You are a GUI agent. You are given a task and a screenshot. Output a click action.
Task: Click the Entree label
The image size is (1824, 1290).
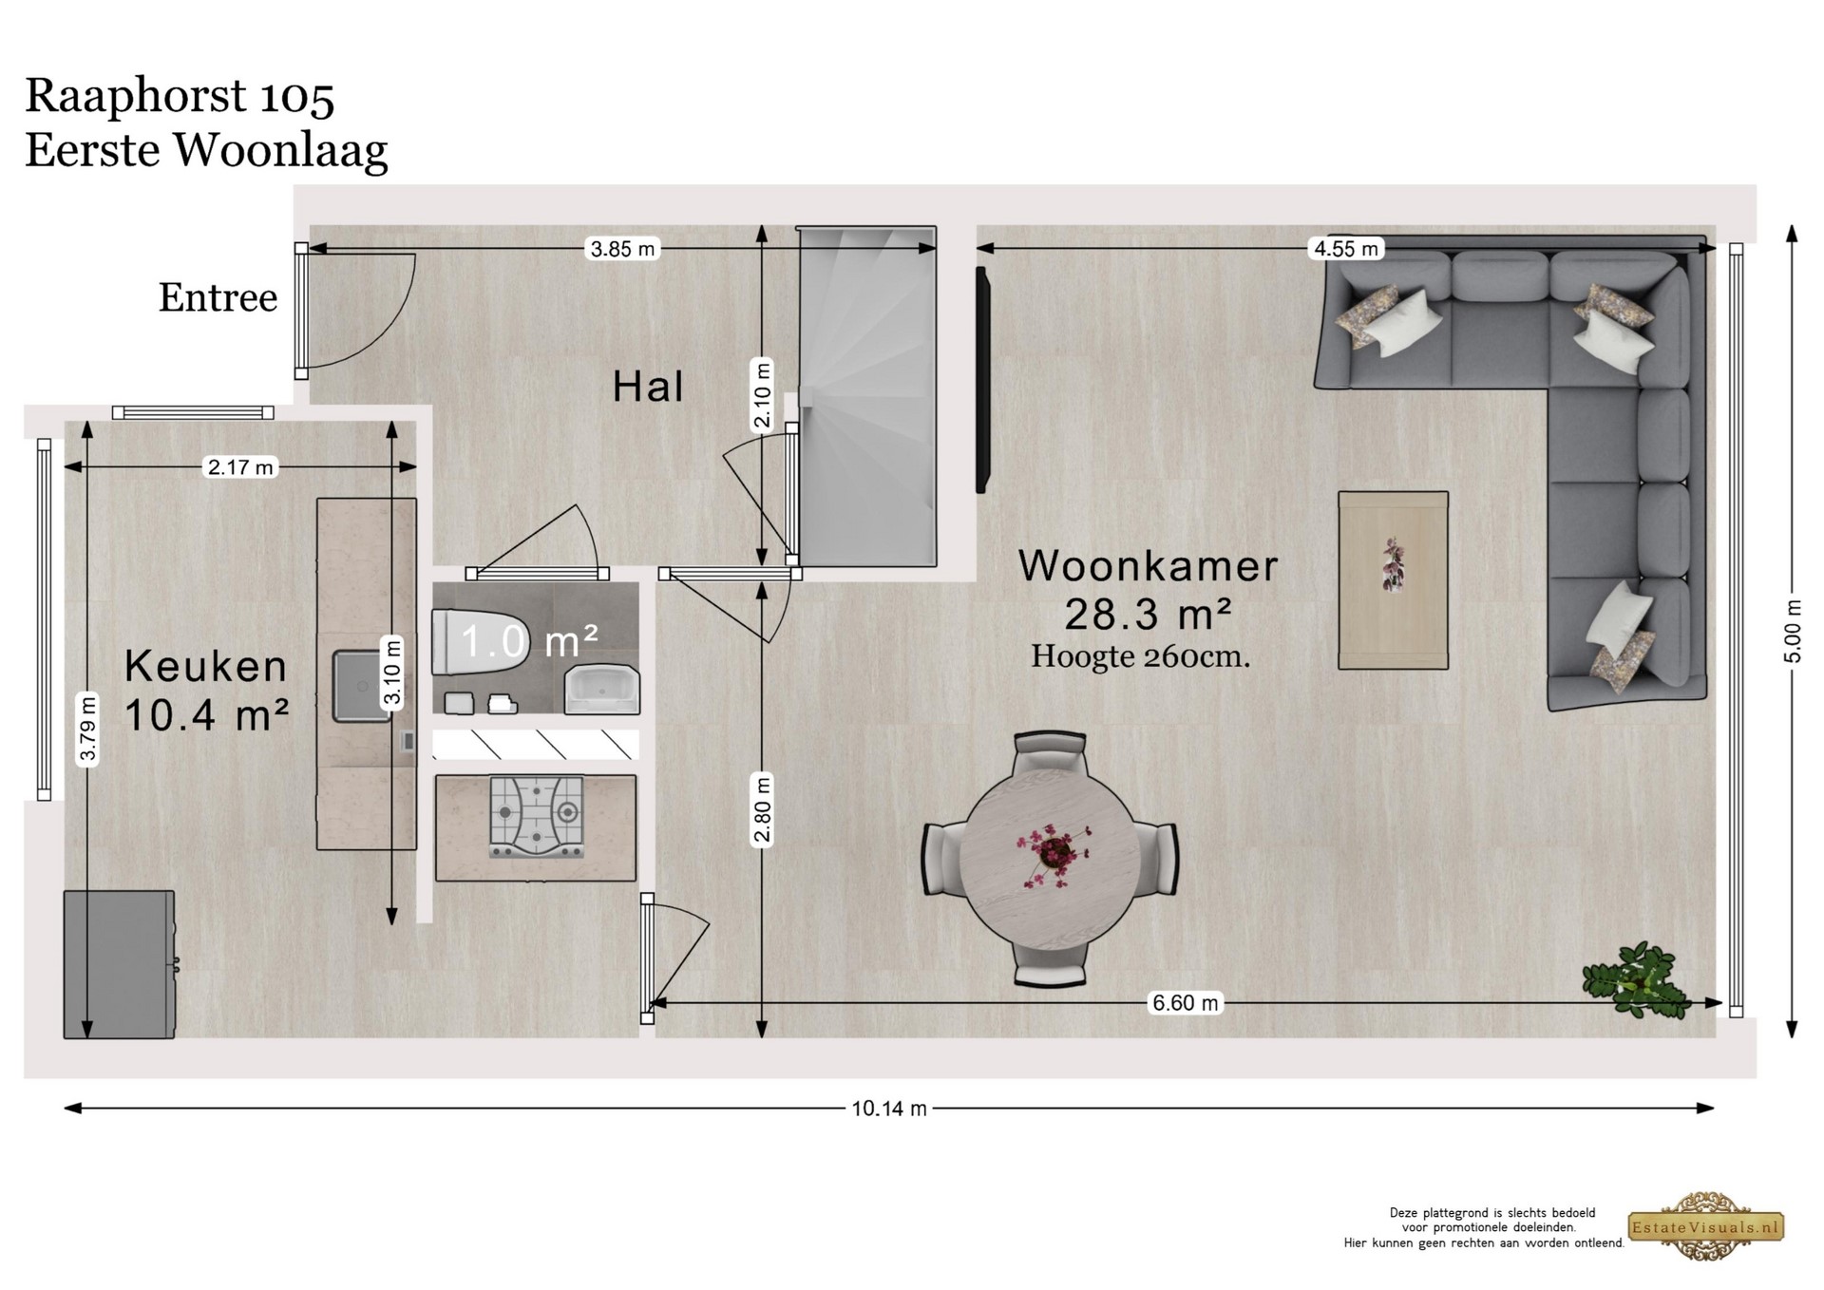click(x=218, y=297)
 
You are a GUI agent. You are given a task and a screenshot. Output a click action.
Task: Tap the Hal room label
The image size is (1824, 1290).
click(x=648, y=387)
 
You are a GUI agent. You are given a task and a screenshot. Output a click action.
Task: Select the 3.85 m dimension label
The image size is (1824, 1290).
click(x=622, y=249)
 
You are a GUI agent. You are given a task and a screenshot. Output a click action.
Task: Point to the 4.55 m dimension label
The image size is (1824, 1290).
click(x=1345, y=249)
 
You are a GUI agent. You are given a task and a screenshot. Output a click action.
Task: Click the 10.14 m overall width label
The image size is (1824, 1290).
click(x=888, y=1108)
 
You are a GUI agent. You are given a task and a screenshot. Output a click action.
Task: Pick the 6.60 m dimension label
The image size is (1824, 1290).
click(x=1185, y=1002)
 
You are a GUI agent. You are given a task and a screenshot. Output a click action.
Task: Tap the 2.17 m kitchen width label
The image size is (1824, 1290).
click(x=240, y=466)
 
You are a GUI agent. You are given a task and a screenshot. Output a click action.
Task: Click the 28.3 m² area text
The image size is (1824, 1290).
click(x=1148, y=615)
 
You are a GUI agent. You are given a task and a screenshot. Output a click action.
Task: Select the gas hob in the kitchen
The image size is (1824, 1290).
click(x=537, y=817)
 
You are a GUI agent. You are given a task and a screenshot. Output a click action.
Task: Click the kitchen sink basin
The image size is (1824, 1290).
click(x=362, y=686)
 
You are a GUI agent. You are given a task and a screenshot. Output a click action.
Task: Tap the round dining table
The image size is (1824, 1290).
click(x=1050, y=859)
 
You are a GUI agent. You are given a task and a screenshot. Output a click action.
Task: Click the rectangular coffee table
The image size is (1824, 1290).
click(x=1393, y=580)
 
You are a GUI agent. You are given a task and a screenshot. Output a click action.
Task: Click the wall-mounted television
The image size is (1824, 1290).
click(x=983, y=380)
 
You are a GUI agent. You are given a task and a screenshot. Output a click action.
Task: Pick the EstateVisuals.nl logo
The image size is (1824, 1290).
click(x=1706, y=1227)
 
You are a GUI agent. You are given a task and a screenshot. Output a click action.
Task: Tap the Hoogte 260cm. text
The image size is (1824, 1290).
click(x=1140, y=656)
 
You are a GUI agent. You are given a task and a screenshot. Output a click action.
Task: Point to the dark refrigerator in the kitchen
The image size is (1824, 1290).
click(x=119, y=964)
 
